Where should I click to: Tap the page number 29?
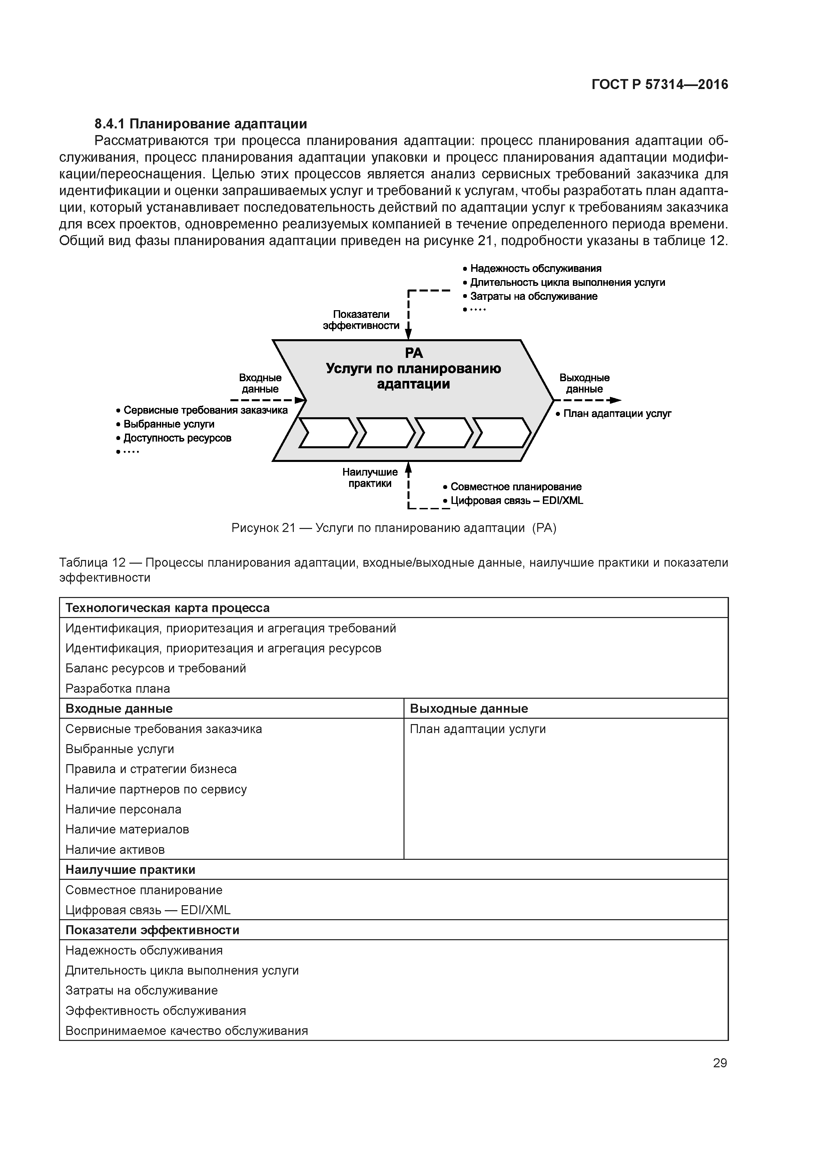click(720, 1063)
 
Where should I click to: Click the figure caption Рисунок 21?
click(393, 528)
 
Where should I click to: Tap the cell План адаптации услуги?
click(478, 729)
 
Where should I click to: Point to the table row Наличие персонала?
click(123, 809)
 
